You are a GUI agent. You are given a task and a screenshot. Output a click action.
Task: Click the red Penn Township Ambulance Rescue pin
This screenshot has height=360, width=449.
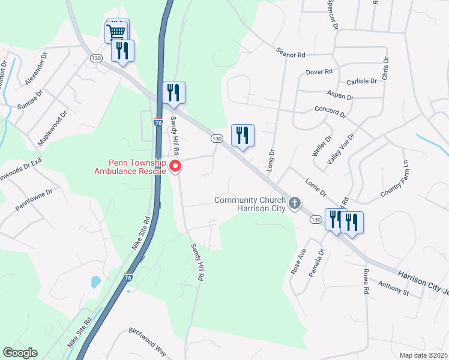[x=175, y=166]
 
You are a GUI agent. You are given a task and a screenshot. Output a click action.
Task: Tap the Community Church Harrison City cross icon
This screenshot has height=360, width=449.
[x=294, y=203]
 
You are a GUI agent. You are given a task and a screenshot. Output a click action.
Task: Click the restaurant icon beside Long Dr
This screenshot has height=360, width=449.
[x=243, y=135]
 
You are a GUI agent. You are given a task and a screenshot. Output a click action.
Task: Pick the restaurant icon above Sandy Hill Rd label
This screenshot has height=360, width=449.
[x=174, y=92]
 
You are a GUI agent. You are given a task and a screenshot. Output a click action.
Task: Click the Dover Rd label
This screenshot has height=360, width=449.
[x=319, y=72]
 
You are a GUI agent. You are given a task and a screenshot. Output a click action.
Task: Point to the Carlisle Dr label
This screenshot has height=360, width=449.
[x=361, y=81]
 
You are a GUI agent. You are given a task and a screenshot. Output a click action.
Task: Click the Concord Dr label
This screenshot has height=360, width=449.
[x=331, y=111]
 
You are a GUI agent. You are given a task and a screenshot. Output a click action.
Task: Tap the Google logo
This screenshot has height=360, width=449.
[x=20, y=353]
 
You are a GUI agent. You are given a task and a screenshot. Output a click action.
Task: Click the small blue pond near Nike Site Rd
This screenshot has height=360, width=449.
[x=95, y=281]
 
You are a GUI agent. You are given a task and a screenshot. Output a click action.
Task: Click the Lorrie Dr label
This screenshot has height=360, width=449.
[x=315, y=188]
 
